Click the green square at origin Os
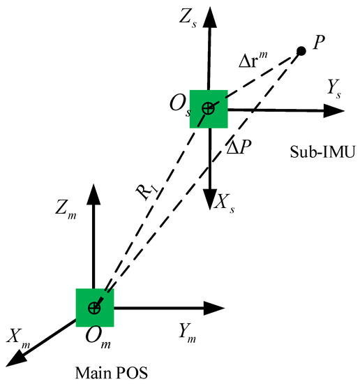click(x=209, y=108)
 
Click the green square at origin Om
click(x=94, y=307)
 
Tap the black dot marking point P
click(x=301, y=51)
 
